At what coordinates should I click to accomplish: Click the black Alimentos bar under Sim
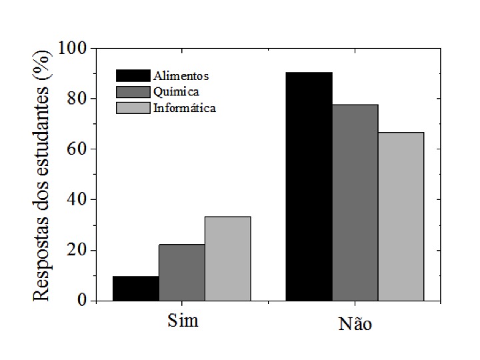coord(135,289)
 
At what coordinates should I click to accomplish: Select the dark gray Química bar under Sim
coord(181,273)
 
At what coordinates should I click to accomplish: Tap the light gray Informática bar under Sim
coord(227,259)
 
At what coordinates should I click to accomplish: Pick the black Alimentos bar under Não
coord(309,186)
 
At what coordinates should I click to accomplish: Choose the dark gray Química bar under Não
coord(355,203)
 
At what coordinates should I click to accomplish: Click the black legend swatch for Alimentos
coord(132,75)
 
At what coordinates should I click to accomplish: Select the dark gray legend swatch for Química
coord(132,91)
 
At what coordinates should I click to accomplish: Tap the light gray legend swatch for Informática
coord(132,107)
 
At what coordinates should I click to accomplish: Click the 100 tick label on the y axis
coord(73,48)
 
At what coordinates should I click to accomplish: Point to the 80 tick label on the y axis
coord(77,99)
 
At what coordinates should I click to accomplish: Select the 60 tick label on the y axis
coord(77,149)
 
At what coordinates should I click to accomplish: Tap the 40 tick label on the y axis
coord(77,200)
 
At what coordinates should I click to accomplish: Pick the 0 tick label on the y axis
coord(83,301)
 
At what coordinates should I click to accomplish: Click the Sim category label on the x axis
coord(182,321)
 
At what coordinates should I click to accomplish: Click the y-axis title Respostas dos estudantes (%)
coord(41,175)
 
